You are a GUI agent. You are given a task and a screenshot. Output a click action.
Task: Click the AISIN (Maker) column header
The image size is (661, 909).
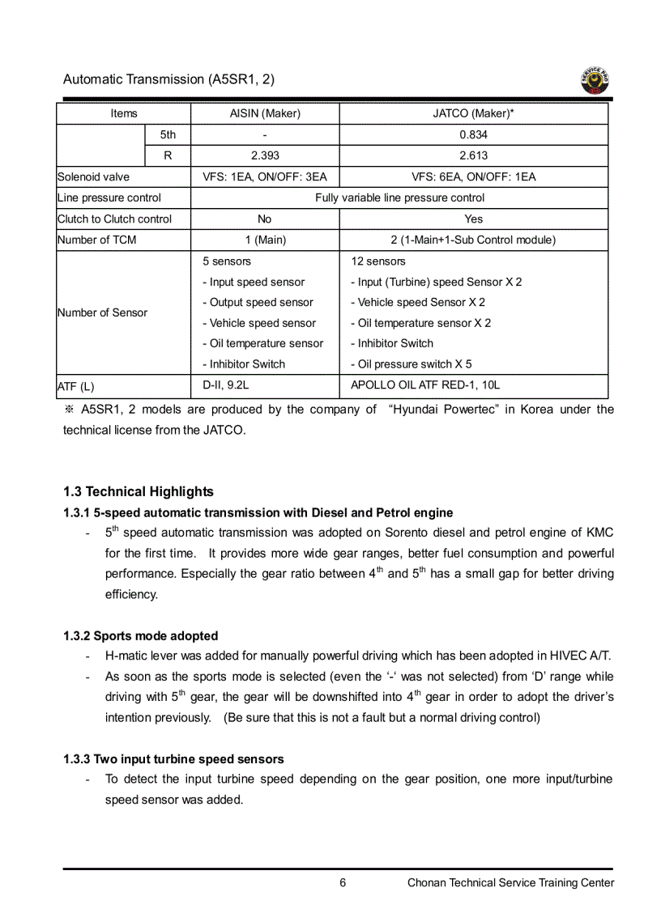coord(265,113)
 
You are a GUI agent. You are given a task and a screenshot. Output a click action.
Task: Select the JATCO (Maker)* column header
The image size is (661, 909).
coord(473,113)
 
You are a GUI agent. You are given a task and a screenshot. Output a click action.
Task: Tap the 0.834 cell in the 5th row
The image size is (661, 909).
coord(473,135)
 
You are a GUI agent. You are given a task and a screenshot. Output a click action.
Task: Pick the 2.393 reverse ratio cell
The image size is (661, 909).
coord(265,155)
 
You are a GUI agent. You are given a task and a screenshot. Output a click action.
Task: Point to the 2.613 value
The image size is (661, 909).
coord(473,155)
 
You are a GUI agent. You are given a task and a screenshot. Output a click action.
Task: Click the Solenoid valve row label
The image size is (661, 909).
coord(93,176)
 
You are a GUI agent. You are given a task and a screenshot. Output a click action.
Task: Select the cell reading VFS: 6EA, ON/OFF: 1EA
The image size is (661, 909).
coord(473,176)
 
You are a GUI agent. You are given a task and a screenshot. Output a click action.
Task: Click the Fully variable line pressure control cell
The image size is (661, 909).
coord(399,198)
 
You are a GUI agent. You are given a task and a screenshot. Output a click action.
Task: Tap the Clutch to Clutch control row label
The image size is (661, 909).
coord(114,219)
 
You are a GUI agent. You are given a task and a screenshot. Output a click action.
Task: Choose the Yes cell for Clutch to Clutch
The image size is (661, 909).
coord(473,219)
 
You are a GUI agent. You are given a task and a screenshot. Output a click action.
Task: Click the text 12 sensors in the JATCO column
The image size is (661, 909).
coord(377,261)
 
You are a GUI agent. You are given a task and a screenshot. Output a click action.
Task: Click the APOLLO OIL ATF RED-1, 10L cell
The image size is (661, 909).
coord(425,385)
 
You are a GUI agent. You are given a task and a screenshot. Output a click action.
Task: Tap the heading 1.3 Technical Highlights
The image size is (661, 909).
coord(139,491)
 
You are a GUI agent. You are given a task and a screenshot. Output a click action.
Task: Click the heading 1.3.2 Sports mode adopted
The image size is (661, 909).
coord(140,636)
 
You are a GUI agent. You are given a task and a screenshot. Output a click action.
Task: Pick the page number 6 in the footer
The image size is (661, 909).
coord(343,883)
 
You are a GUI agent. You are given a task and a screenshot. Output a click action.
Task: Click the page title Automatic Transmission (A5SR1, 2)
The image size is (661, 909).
coord(168,79)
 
